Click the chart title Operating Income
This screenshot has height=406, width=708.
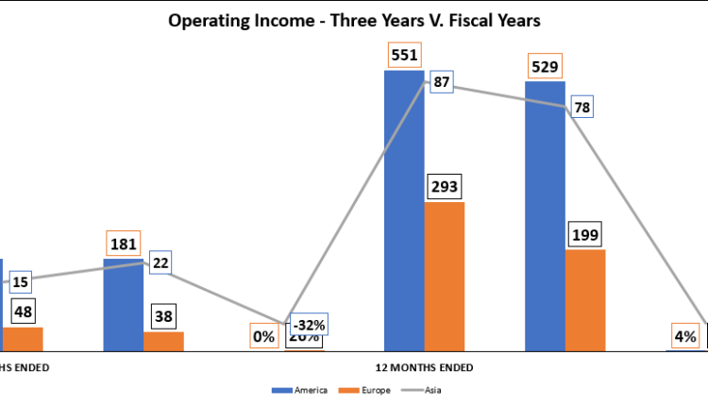coord(354,20)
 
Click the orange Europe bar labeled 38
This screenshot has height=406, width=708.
coord(163,341)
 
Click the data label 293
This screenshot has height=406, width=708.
coord(444,186)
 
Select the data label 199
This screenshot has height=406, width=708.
coord(585,234)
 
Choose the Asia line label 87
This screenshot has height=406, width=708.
coord(440,83)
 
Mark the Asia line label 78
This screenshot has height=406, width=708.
coord(582,107)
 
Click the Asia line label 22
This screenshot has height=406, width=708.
coord(160,262)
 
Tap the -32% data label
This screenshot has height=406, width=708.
coord(310,326)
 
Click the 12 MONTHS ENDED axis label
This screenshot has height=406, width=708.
coord(424,367)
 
